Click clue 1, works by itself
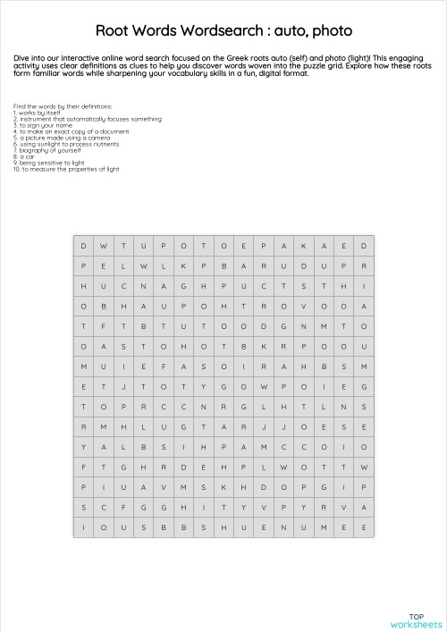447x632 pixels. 38,113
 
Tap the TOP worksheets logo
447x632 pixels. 416,619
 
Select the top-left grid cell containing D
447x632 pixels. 84,246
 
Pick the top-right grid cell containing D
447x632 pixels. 364,246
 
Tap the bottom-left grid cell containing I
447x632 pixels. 84,527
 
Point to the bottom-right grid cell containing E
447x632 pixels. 364,527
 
